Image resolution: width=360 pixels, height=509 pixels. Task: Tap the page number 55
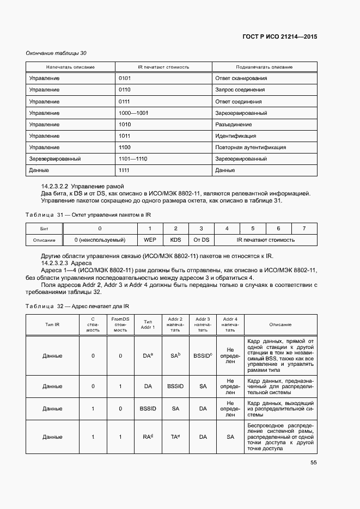314,463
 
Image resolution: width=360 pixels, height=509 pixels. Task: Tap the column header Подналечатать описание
264,67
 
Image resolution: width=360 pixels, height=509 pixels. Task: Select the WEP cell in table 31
150,240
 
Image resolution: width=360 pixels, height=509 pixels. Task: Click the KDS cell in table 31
175,240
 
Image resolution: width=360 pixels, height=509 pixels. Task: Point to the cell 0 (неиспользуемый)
100,240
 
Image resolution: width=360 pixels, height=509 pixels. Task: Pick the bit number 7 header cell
304,228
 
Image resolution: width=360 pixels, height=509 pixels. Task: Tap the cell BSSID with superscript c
203,355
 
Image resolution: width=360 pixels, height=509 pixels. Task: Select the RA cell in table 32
147,437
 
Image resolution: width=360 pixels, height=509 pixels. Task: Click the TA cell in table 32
175,437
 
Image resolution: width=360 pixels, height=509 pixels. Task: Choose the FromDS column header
120,324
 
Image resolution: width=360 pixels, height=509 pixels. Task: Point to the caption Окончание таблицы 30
56,53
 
